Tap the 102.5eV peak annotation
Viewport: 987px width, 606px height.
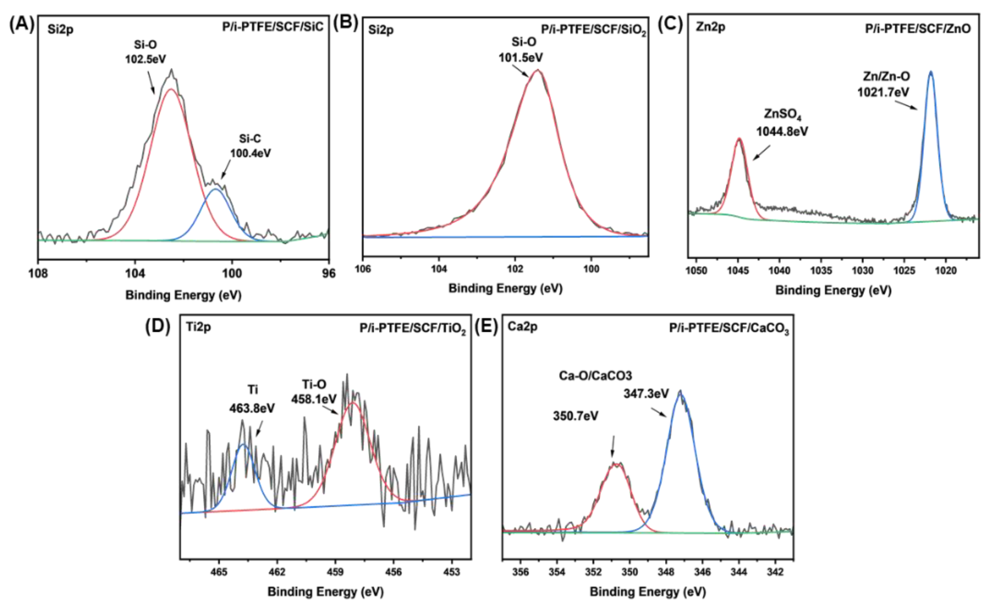click(145, 59)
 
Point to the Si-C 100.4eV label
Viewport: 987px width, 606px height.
click(250, 146)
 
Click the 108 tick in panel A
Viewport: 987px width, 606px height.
click(38, 273)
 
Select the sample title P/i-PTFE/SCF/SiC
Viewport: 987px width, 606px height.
click(273, 27)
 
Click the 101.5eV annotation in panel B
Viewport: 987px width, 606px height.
click(520, 57)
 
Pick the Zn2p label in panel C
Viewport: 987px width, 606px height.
click(711, 27)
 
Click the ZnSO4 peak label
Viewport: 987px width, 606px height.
click(782, 114)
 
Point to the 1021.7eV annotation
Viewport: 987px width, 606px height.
click(883, 92)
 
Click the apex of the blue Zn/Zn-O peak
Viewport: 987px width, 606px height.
click(930, 73)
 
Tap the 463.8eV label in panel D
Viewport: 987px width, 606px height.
click(252, 408)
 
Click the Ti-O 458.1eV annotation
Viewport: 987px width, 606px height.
click(314, 392)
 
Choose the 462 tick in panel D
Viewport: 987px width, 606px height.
click(277, 572)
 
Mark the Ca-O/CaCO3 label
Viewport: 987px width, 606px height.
click(595, 375)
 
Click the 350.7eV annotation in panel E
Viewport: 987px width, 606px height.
click(575, 416)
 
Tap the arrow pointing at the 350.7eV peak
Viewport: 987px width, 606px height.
click(612, 446)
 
